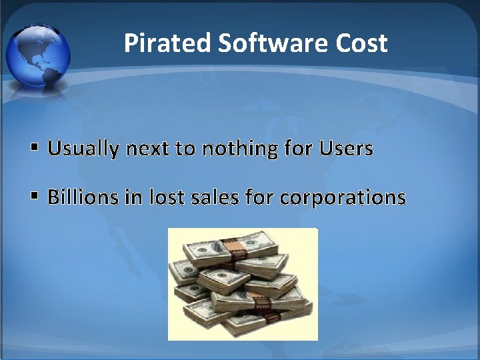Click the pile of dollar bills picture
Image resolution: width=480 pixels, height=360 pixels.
point(243,284)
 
